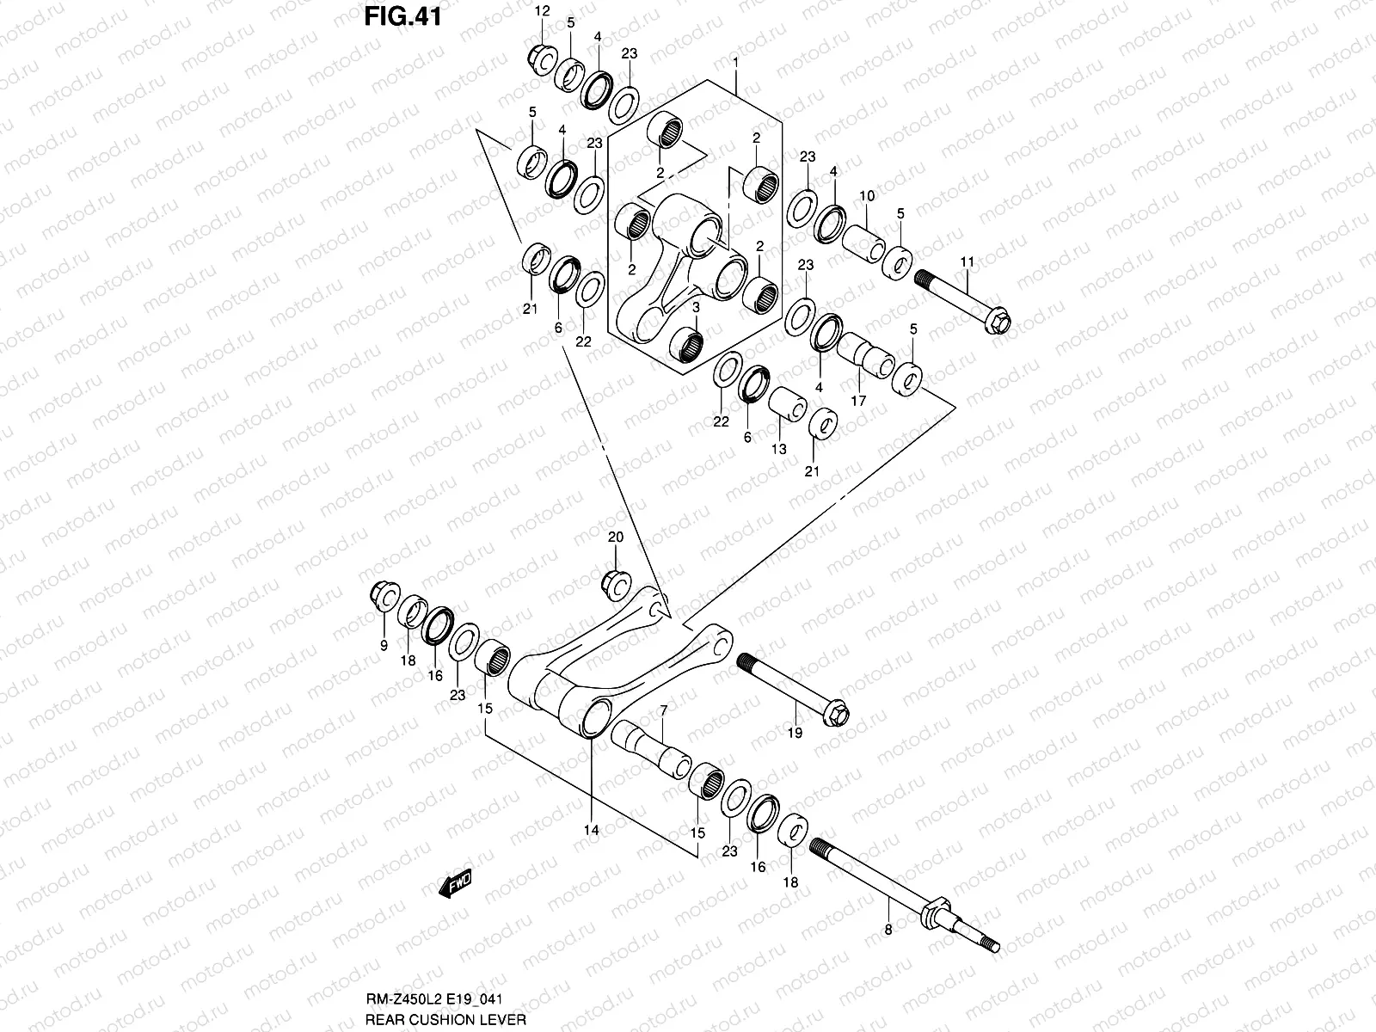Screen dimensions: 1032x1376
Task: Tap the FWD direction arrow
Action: click(455, 883)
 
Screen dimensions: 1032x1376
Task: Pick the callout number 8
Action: click(888, 930)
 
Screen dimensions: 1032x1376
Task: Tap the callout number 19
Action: click(795, 733)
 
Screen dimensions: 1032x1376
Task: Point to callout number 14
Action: click(592, 830)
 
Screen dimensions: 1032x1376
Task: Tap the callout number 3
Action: click(695, 307)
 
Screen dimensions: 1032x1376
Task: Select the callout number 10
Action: click(866, 196)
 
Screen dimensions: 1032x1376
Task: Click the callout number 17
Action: click(858, 401)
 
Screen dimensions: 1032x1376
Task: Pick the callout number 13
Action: click(778, 449)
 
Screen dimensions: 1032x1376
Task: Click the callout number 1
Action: click(735, 63)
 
